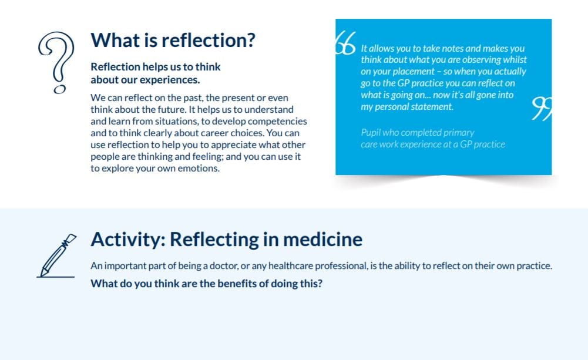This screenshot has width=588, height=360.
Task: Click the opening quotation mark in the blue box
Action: point(346,43)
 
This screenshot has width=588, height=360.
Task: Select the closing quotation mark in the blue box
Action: point(541,109)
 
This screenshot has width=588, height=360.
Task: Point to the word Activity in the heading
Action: point(125,240)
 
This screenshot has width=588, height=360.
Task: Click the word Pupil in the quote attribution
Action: point(371,133)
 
